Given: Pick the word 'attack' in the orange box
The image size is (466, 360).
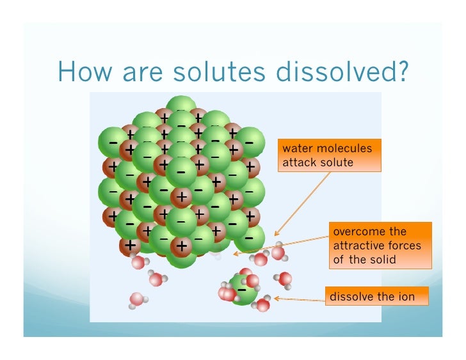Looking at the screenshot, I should tap(298, 162).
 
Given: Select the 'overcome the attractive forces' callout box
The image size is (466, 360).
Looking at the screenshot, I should tap(380, 246).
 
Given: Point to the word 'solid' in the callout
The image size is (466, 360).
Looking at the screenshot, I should tap(383, 260).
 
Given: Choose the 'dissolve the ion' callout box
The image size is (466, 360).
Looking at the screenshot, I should tap(376, 297).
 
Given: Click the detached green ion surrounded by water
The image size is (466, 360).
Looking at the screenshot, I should tap(242, 290).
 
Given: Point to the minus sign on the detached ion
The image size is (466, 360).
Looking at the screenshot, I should tap(242, 290).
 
